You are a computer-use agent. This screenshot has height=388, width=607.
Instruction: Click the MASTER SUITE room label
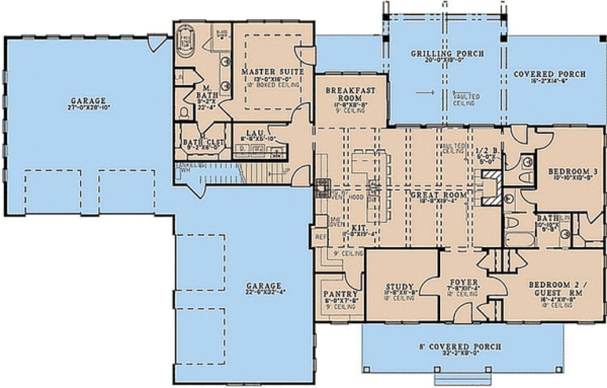(273, 72)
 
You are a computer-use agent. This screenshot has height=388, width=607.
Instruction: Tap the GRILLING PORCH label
(446, 54)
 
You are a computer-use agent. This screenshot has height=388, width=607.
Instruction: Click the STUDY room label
(400, 287)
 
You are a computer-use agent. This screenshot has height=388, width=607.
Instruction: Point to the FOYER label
(463, 282)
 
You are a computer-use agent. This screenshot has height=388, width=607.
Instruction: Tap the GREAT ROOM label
(433, 195)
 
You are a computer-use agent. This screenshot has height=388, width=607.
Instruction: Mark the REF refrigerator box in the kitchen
(320, 238)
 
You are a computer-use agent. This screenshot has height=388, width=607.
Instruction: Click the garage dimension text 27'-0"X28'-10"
(89, 108)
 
